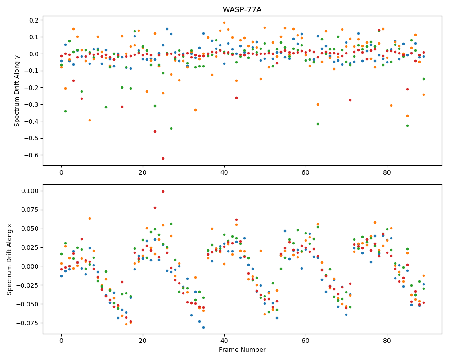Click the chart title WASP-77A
(242, 10)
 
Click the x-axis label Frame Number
(242, 350)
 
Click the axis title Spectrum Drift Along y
(17, 90)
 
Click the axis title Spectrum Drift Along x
(9, 259)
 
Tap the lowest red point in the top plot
(163, 158)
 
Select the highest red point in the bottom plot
(163, 192)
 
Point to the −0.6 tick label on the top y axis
(31, 155)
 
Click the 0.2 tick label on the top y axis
(34, 20)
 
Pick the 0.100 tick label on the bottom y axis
(30, 191)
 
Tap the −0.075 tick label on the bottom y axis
(28, 323)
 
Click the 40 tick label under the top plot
(224, 172)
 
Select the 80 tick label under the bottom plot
(387, 341)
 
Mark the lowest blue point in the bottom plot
(203, 327)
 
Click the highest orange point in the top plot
(224, 22)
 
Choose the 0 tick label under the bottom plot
(61, 341)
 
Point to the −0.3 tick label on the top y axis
(31, 105)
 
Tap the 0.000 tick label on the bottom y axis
(30, 266)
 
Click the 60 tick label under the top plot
(306, 172)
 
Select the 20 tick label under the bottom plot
(143, 341)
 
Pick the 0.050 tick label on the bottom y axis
(30, 229)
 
